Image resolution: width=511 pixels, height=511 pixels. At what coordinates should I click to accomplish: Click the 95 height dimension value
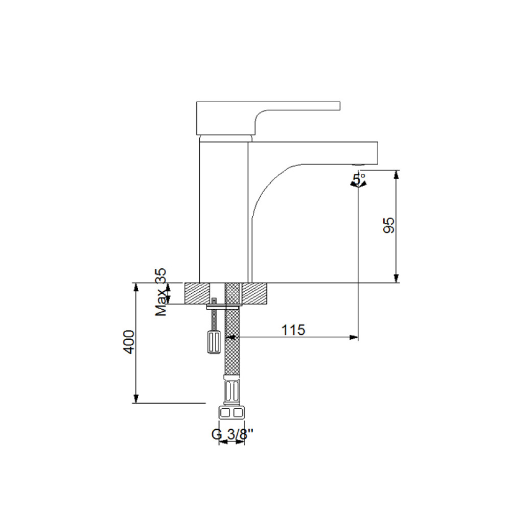pos(389,225)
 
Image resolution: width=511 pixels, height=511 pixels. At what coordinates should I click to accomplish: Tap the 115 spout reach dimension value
pos(293,330)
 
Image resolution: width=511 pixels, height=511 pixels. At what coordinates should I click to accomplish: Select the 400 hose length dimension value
pos(129,342)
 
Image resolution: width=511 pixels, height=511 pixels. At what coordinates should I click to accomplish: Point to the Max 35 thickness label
pos(160,292)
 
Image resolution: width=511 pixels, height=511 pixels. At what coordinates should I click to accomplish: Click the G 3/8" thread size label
pos(232,434)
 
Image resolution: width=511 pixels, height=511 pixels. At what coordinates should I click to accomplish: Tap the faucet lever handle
pos(268,118)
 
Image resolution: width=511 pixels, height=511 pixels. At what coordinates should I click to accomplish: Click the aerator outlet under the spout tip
pos(358,165)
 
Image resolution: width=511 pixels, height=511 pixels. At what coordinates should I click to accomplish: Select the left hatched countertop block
pos(197,293)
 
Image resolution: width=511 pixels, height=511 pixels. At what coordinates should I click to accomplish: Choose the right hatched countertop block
pos(254,293)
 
